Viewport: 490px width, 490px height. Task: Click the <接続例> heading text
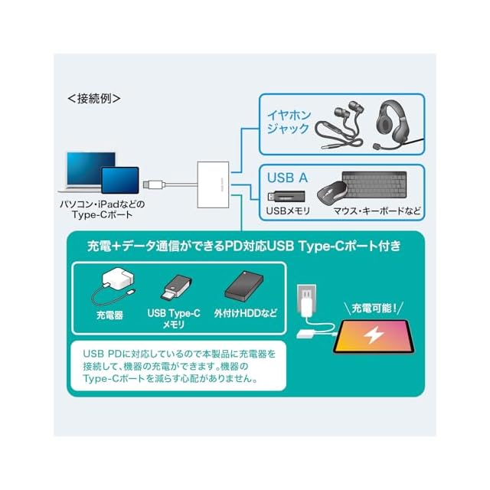tap(94, 99)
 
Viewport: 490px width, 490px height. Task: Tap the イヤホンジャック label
tap(287, 122)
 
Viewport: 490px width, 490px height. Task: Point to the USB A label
tap(287, 178)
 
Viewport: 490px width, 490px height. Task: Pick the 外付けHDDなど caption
tap(245, 314)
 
